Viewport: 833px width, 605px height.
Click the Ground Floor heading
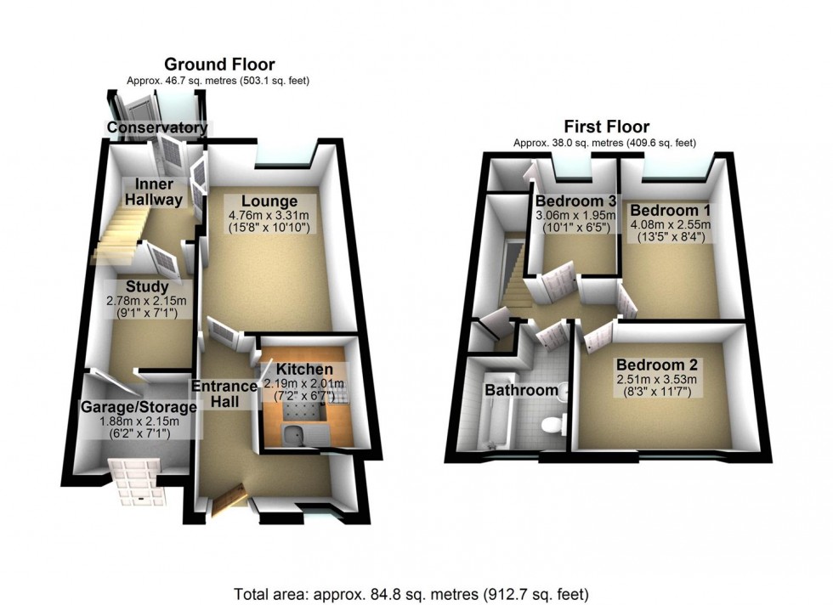[x=219, y=65]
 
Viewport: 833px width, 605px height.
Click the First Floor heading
[x=604, y=128]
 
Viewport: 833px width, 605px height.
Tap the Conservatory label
[x=156, y=128]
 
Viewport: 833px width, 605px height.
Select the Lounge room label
[x=269, y=201]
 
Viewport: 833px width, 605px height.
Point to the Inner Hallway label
[x=154, y=192]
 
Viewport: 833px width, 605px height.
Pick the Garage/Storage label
[x=139, y=407]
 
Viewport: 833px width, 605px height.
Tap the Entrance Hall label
[x=224, y=394]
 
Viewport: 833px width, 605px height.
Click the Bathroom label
[x=521, y=392]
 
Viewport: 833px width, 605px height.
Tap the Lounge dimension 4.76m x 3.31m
[x=269, y=216]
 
